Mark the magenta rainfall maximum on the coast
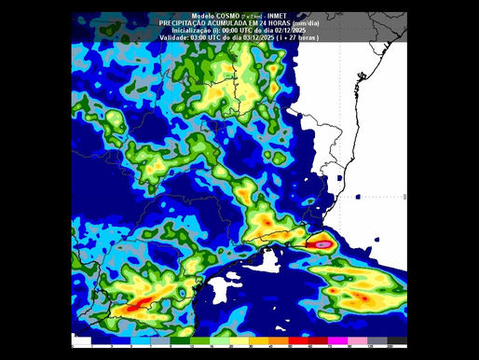point(322,243)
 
